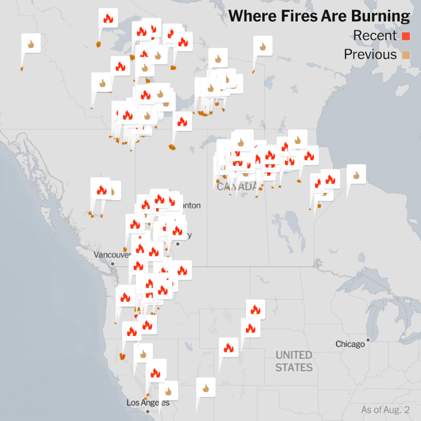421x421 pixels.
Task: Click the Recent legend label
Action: pos(375,36)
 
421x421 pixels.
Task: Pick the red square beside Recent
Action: pos(406,36)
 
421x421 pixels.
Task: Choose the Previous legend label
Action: pos(370,55)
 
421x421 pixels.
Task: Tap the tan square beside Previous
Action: pos(406,55)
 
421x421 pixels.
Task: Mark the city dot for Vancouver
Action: pos(112,263)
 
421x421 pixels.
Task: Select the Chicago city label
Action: pos(350,344)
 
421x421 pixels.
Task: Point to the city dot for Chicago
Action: pos(368,340)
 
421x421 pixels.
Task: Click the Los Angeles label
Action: pos(148,403)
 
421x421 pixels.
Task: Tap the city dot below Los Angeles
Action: pos(148,411)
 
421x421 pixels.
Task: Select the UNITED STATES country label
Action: pos(294,361)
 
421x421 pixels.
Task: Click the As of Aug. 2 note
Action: pos(385,410)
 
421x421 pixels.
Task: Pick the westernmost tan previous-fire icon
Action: pos(31,44)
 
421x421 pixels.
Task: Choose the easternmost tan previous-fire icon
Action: pos(356,175)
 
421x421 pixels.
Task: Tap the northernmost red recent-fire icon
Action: pos(108,18)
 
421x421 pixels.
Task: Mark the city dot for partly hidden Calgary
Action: pos(178,244)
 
